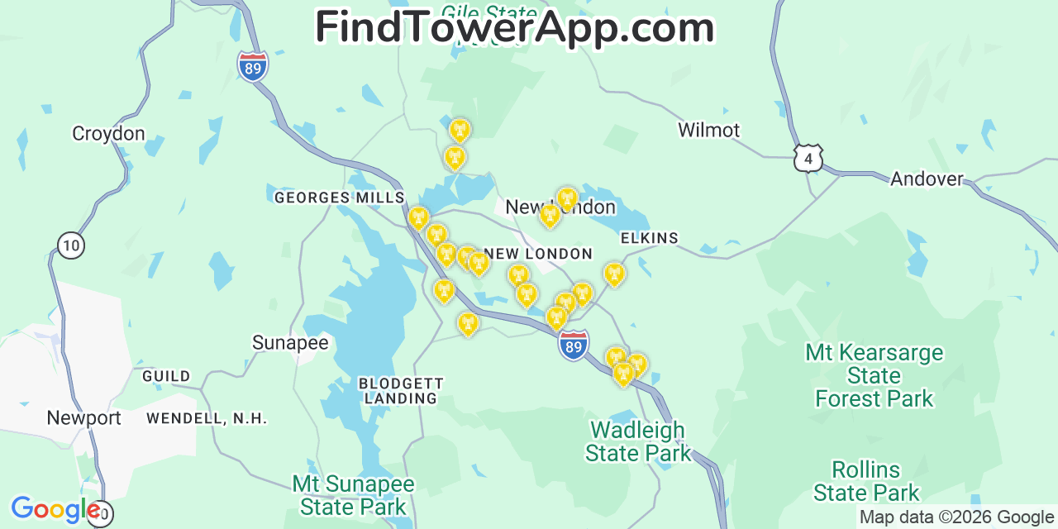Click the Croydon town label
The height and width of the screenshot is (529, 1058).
(x=108, y=133)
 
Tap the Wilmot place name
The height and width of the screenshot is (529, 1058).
(x=708, y=130)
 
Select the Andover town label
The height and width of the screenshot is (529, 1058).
(x=927, y=179)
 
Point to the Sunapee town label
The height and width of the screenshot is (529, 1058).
(x=290, y=342)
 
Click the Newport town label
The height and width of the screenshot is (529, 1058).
(x=83, y=417)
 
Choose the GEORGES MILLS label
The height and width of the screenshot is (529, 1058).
(x=339, y=198)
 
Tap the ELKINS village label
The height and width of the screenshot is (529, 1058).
(x=649, y=238)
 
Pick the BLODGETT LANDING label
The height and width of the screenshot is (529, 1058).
(x=401, y=391)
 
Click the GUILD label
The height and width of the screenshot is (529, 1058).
(x=166, y=376)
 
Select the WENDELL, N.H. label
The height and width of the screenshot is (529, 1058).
(x=207, y=418)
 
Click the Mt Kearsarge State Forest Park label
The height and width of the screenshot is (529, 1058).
(x=874, y=375)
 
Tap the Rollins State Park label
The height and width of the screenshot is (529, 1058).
(x=865, y=481)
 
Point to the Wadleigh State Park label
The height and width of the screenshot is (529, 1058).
(x=637, y=441)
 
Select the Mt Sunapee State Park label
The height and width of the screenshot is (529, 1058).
(x=353, y=494)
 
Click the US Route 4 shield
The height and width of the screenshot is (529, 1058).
(x=808, y=157)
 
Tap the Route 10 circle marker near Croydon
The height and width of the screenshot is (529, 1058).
(x=72, y=244)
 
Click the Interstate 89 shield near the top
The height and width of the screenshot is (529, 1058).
(x=252, y=66)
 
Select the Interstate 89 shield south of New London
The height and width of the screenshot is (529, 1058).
(x=574, y=345)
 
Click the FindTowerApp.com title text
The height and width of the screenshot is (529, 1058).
(x=514, y=27)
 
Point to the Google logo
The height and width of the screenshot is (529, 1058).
(x=55, y=509)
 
